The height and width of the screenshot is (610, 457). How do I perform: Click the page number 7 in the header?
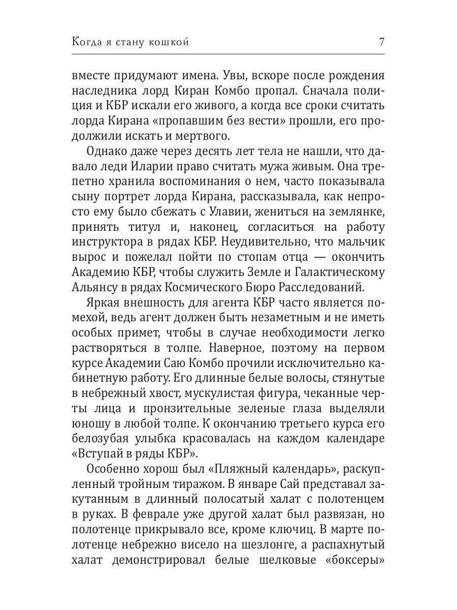381,42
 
